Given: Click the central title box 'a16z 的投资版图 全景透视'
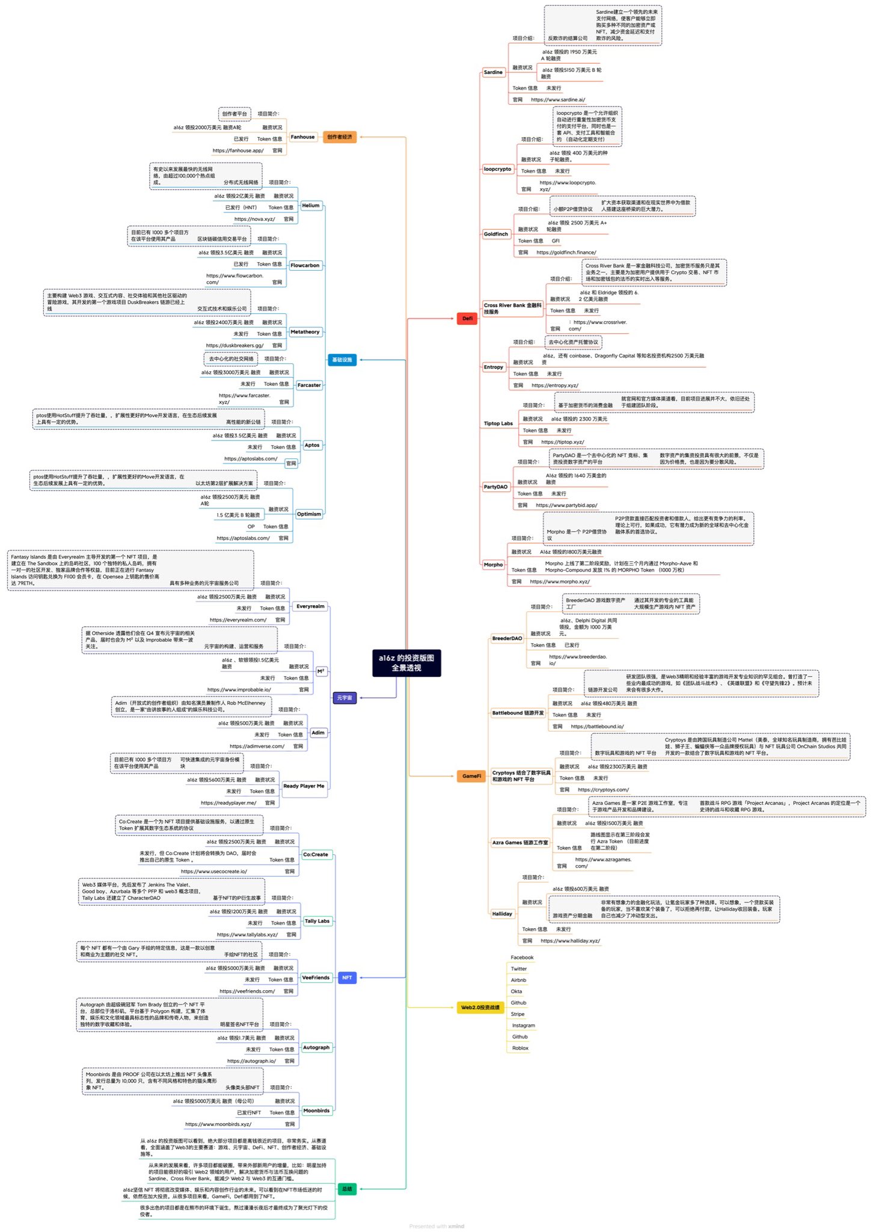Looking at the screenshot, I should pos(406,663).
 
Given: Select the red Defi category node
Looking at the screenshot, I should pos(467,318).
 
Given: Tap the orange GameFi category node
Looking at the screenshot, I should pos(471,776).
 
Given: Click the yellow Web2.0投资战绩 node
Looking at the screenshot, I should pos(480,1007).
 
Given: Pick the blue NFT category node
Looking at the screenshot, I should pos(347,978).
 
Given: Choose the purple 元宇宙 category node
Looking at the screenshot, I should pos(345,698).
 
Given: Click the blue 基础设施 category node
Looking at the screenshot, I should pos(342,360).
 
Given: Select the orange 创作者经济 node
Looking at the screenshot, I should pos(340,137).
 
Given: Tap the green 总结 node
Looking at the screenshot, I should pos(347,1189).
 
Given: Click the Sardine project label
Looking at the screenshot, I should pos(493,72).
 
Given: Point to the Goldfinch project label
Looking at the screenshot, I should pos(496,234).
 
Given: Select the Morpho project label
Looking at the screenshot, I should pos(493,564).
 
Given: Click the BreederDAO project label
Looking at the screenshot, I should pos(507,638).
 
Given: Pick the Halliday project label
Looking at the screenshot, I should pos(502,914).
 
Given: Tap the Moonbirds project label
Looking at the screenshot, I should pos(316,1110).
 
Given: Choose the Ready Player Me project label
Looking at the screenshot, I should pos(304,786).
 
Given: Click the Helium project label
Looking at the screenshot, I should pos(310,206).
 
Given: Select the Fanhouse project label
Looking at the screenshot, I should pos(302,137).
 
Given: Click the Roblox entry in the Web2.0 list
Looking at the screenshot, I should pos(520,1048).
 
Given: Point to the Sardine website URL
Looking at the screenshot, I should pos(557,100).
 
